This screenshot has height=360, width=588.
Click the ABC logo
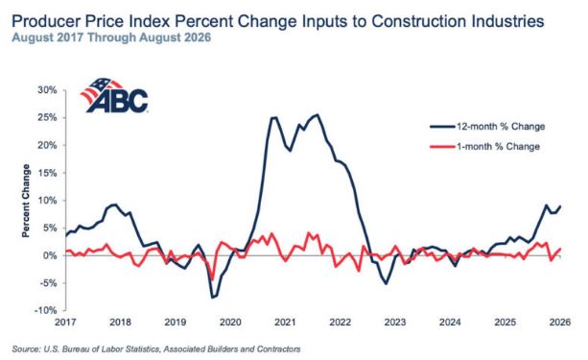(x=114, y=95)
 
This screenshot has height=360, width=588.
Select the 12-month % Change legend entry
(x=487, y=127)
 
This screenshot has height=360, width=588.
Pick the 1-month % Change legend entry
(x=484, y=147)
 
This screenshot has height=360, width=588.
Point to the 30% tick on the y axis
(x=47, y=90)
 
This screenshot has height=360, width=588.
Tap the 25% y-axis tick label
(x=47, y=117)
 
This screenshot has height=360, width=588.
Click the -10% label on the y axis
(x=45, y=310)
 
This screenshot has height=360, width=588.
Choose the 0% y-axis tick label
(x=50, y=255)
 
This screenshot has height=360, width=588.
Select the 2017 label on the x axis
(x=65, y=323)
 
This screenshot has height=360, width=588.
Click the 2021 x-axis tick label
(x=286, y=323)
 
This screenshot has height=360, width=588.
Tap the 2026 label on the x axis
(x=560, y=323)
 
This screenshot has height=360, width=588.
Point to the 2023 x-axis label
(x=395, y=323)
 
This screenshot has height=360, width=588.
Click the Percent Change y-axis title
(x=26, y=201)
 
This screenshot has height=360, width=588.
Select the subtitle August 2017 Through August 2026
(x=111, y=37)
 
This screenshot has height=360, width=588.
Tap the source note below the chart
(x=156, y=349)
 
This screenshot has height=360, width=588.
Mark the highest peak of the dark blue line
(x=318, y=114)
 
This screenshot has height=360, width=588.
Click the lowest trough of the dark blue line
(x=212, y=298)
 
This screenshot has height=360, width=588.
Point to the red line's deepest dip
(x=213, y=279)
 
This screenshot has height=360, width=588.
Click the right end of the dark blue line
(x=560, y=206)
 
